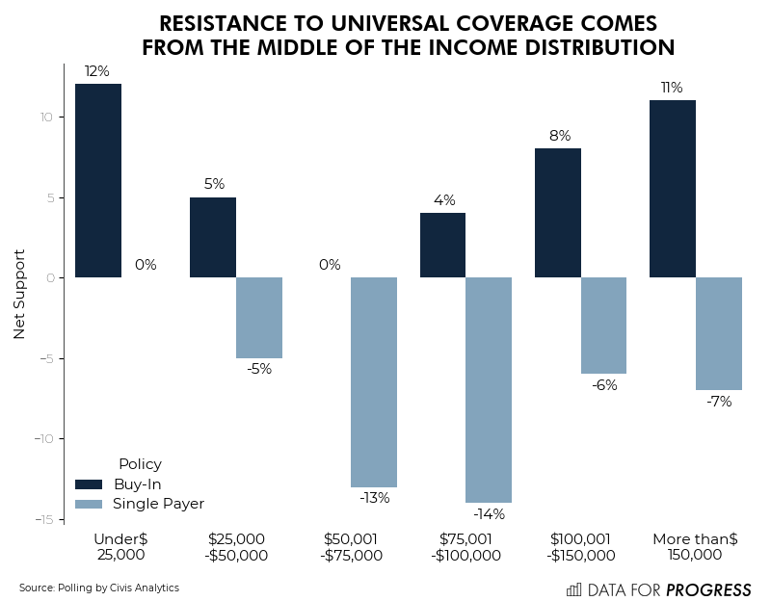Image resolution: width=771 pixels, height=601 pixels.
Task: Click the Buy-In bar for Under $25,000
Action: click(97, 181)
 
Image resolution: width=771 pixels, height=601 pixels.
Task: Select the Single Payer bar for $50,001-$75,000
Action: click(374, 381)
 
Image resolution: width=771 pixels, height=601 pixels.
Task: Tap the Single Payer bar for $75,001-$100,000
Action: click(489, 389)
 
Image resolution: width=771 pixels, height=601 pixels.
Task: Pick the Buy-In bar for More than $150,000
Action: click(673, 189)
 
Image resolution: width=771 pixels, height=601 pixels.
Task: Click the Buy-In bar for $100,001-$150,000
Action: click(558, 213)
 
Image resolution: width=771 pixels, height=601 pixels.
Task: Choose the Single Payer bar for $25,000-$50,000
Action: click(259, 317)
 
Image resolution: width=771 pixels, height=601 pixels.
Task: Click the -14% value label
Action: click(489, 514)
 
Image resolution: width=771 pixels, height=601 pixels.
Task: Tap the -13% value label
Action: click(374, 498)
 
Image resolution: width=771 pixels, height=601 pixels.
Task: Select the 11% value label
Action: click(672, 88)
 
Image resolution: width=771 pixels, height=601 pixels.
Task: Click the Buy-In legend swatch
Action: click(89, 483)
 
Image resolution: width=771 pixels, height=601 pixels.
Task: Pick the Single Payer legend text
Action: click(158, 504)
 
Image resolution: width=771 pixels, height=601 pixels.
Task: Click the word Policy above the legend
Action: click(140, 464)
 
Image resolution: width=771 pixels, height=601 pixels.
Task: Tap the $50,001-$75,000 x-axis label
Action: click(351, 547)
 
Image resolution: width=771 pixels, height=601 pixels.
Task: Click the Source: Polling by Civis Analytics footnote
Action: click(99, 588)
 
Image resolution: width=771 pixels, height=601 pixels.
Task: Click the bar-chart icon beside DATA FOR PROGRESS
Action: click(573, 589)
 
